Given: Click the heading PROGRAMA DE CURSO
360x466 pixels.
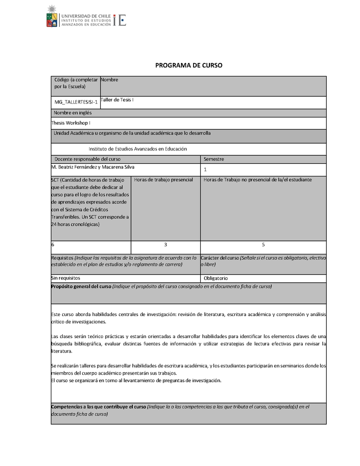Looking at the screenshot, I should coord(189,65).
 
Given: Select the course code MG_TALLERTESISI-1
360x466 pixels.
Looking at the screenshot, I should coord(76,103).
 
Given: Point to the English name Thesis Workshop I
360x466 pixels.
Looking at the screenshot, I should coord(71,122).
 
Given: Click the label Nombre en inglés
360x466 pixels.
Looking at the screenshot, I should coord(72,113).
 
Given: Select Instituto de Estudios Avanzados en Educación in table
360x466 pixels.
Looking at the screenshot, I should coord(137,149).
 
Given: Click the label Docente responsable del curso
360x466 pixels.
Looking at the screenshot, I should coord(87,159).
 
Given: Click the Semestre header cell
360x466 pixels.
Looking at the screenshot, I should coord(214,159).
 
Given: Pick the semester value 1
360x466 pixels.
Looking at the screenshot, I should coord(205,170).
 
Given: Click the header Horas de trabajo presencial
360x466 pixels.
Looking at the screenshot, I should coord(163,180).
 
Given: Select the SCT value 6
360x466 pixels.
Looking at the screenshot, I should coord(53,244).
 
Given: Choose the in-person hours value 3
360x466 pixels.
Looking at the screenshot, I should coord(166,244).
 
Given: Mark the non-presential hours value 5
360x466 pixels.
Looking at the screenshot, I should coord(263,244).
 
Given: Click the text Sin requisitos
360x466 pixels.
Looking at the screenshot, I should coord(66,278).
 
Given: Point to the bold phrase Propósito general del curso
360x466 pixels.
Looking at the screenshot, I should coord(81,286).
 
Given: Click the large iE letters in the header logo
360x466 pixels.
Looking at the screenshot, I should coord(120,20).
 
